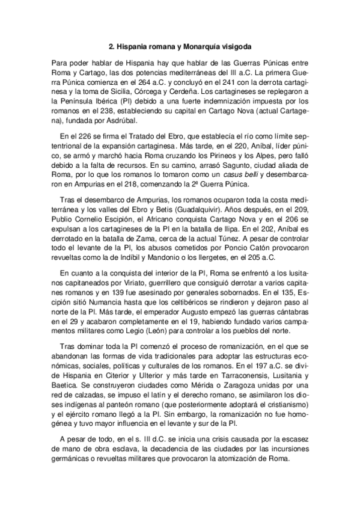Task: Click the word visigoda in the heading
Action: [235, 46]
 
